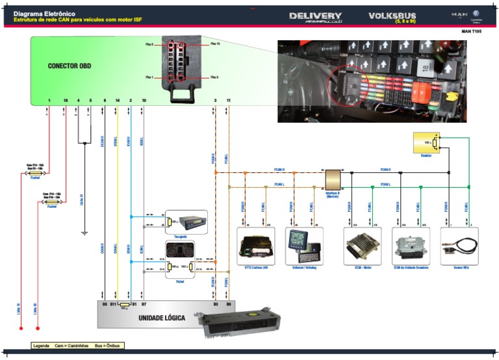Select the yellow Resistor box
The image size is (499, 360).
point(426,143)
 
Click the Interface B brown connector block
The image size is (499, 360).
point(333,179)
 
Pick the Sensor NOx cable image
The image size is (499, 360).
point(459,247)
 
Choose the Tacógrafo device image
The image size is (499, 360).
point(190,222)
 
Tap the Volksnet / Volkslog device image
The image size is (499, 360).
point(304,246)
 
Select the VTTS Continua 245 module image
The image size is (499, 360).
point(255,247)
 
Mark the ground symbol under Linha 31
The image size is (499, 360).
point(84,232)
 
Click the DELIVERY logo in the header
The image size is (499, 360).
point(315,16)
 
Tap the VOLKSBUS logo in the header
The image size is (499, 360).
point(392,16)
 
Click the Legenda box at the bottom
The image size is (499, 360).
point(77,346)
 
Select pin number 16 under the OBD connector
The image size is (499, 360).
point(65,100)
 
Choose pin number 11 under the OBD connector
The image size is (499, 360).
point(228,100)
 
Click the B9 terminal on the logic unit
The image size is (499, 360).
point(228,303)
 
